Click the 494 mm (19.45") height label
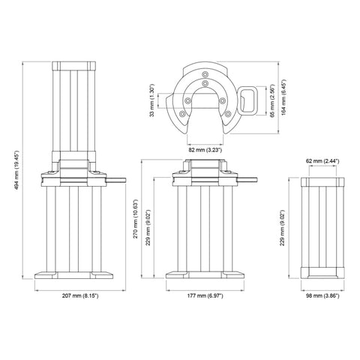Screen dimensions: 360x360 point(17,171)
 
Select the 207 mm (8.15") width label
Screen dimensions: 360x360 point(80,296)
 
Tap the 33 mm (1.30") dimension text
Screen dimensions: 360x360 point(152,100)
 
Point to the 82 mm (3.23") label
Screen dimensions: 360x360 point(205,150)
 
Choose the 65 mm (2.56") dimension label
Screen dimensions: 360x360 point(272,100)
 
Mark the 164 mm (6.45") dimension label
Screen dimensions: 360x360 point(283,97)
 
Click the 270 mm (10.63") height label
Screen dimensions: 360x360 point(135,219)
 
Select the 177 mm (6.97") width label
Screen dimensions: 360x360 point(205,296)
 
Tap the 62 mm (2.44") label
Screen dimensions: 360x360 point(322,161)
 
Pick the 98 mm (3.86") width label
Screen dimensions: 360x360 point(322,296)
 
